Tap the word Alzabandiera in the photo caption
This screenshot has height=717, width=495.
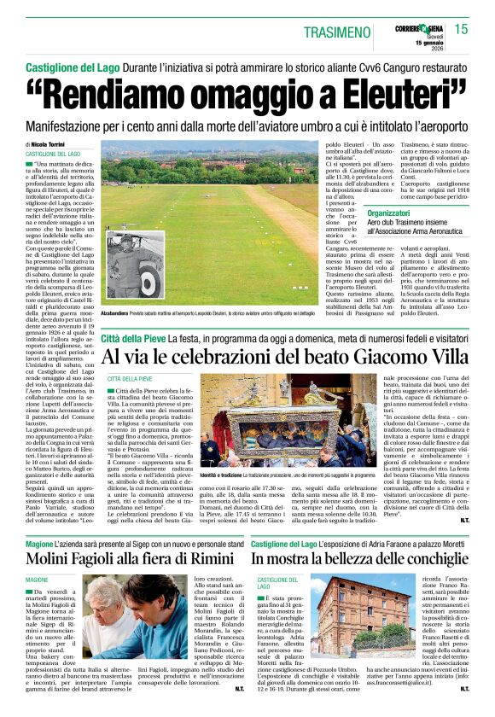(121, 313)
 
